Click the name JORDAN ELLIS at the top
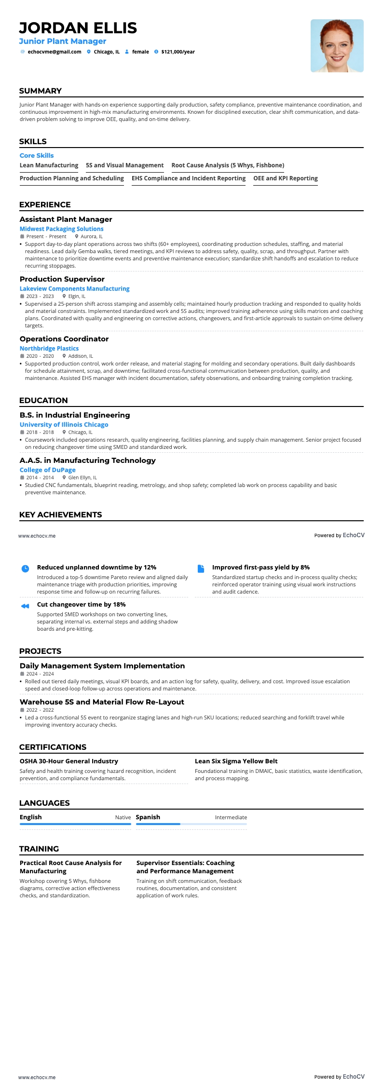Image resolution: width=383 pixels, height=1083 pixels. (x=78, y=28)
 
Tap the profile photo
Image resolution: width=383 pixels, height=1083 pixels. (x=337, y=46)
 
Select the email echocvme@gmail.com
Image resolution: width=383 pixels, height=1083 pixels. (x=55, y=52)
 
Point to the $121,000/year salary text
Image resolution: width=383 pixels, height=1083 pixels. (x=178, y=52)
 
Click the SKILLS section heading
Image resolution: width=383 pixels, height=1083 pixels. (x=33, y=141)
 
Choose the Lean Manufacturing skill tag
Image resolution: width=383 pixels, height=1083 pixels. (x=49, y=165)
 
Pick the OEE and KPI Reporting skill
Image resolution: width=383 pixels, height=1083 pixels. (x=286, y=178)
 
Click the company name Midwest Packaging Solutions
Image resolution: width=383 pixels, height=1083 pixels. (x=61, y=229)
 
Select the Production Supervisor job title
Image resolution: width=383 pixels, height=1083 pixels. (x=62, y=279)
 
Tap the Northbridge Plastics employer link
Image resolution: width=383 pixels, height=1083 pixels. (x=49, y=349)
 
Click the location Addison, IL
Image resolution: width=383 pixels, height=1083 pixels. (x=80, y=356)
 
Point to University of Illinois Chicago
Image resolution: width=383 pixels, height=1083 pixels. (x=64, y=425)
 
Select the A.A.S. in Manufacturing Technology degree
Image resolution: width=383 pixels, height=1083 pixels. (x=88, y=460)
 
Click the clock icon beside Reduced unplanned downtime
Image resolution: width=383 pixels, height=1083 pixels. (x=26, y=569)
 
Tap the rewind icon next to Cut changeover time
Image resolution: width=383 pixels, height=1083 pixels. (x=26, y=606)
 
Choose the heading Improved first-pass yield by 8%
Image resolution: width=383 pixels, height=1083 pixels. (x=261, y=568)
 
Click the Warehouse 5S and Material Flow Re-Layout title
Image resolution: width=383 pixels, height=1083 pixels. (x=102, y=702)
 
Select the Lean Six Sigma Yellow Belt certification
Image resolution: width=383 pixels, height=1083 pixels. (x=236, y=761)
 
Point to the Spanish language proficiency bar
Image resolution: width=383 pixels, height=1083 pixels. (x=191, y=824)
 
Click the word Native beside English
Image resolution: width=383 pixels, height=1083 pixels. (x=123, y=817)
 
